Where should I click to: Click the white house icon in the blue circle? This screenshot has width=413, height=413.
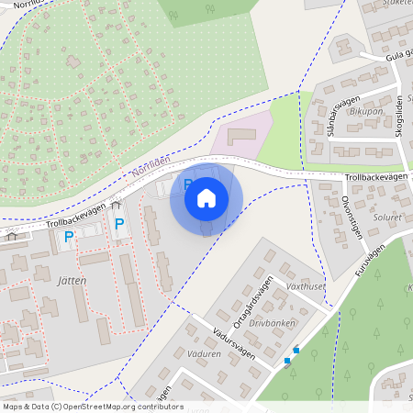coord(206,198)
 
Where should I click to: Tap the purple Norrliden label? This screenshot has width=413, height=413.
coord(151,165)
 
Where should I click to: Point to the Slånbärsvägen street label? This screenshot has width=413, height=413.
coord(336,117)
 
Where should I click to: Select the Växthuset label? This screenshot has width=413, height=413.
coord(306,286)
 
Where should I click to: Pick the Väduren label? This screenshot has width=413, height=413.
coord(203,353)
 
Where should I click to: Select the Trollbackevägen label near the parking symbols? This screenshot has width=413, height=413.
coord(74,217)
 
